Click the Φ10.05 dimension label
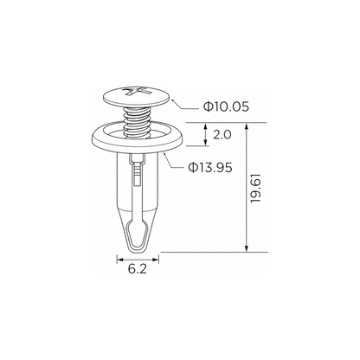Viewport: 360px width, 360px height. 226,106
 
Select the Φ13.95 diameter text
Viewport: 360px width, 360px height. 210,167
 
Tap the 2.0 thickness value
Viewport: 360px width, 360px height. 222,135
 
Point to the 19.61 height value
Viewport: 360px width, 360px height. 256,188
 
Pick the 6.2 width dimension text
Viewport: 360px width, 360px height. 138,269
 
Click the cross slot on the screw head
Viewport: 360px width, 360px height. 137,91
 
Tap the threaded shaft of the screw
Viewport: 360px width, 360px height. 138,121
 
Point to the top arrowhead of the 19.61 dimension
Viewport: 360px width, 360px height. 247,126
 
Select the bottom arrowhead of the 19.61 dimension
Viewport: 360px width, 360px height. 247,248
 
